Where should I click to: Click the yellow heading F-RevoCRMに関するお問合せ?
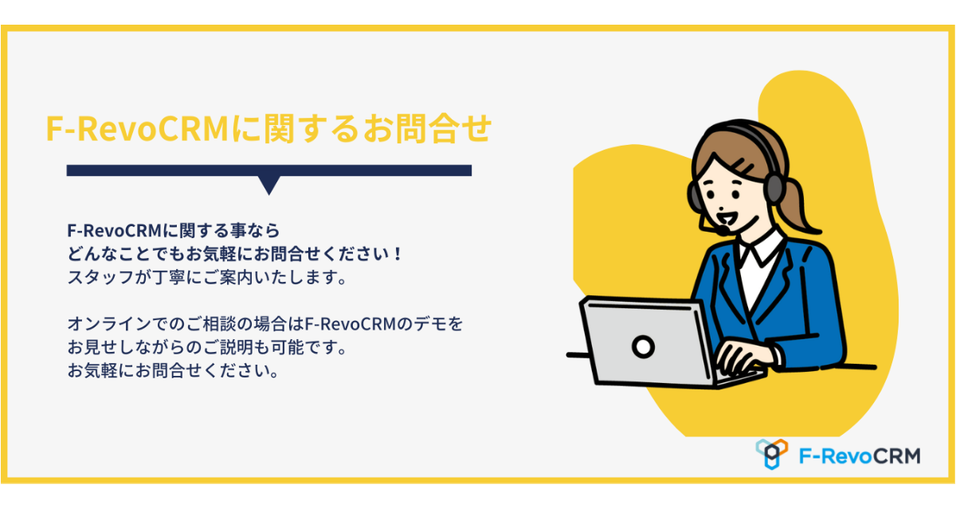coord(269,128)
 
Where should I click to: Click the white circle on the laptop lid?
coord(643,346)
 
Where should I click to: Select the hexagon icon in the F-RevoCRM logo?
coord(772,454)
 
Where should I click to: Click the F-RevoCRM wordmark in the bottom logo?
coord(860,456)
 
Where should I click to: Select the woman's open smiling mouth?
coord(727,218)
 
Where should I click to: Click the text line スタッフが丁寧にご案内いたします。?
coord(207,278)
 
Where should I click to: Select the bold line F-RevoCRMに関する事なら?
coord(174,231)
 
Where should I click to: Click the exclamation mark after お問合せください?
coord(398,254)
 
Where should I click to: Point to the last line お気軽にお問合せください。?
coord(174,371)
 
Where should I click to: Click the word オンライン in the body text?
coord(109,324)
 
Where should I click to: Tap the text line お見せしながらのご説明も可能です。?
coord(207,348)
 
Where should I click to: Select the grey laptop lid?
coord(647,342)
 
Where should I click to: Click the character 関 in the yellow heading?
coord(279,128)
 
